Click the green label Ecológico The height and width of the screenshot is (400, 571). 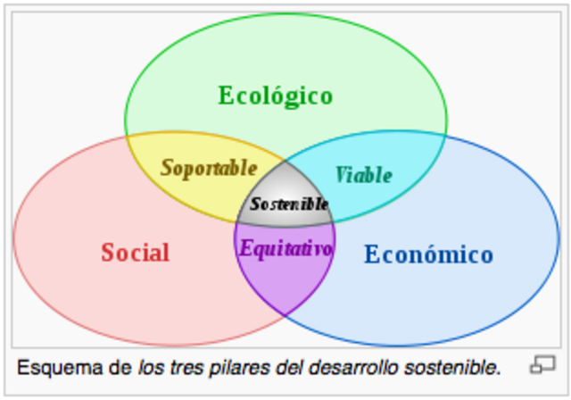click(x=276, y=96)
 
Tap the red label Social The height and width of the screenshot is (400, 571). click(x=136, y=252)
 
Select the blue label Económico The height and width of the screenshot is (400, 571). click(x=429, y=254)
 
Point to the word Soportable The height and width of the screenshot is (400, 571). click(x=209, y=169)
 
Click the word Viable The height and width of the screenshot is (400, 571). click(x=363, y=175)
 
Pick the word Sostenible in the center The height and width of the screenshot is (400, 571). click(x=289, y=204)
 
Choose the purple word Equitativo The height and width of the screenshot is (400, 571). click(x=285, y=249)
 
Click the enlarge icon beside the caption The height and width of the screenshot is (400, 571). click(x=542, y=364)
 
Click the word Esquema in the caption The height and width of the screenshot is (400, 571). click(x=60, y=367)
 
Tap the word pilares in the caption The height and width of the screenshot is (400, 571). click(x=239, y=368)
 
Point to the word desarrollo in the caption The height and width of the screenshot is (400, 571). click(x=353, y=367)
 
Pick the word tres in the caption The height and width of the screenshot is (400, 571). click(x=186, y=368)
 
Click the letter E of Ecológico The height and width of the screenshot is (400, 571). click(x=226, y=96)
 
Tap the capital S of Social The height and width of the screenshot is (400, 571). click(x=108, y=252)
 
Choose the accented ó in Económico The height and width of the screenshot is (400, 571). click(x=429, y=252)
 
